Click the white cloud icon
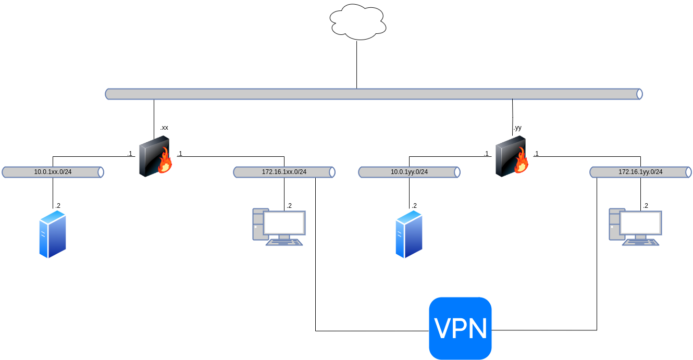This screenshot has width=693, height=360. click(x=358, y=22)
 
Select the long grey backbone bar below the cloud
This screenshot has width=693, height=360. click(x=374, y=94)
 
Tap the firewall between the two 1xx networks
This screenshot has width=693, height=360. click(x=153, y=156)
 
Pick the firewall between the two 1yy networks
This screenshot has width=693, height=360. click(x=510, y=156)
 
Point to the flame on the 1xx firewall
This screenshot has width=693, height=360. click(x=165, y=162)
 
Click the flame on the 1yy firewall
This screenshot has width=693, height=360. click(x=522, y=162)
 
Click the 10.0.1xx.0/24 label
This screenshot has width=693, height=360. click(x=53, y=172)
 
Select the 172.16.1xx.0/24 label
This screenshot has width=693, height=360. click(x=284, y=172)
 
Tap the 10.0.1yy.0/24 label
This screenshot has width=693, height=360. click(x=409, y=172)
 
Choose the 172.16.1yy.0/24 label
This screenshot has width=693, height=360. click(x=640, y=172)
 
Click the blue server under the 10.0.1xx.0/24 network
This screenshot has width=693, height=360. click(x=53, y=234)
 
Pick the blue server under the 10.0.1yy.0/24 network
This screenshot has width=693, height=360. click(x=409, y=234)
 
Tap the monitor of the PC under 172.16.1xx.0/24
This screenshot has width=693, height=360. click(x=284, y=222)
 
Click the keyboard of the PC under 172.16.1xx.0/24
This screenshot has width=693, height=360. click(x=284, y=242)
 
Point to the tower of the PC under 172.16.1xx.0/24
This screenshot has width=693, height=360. click(x=258, y=224)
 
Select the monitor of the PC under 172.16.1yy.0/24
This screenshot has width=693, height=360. click(x=640, y=222)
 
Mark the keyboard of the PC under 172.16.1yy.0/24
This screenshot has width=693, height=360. click(x=640, y=242)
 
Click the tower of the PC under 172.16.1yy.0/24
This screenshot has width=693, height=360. click(x=615, y=224)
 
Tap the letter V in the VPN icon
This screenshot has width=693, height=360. click(x=443, y=329)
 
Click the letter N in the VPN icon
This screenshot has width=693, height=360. click(x=477, y=329)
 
